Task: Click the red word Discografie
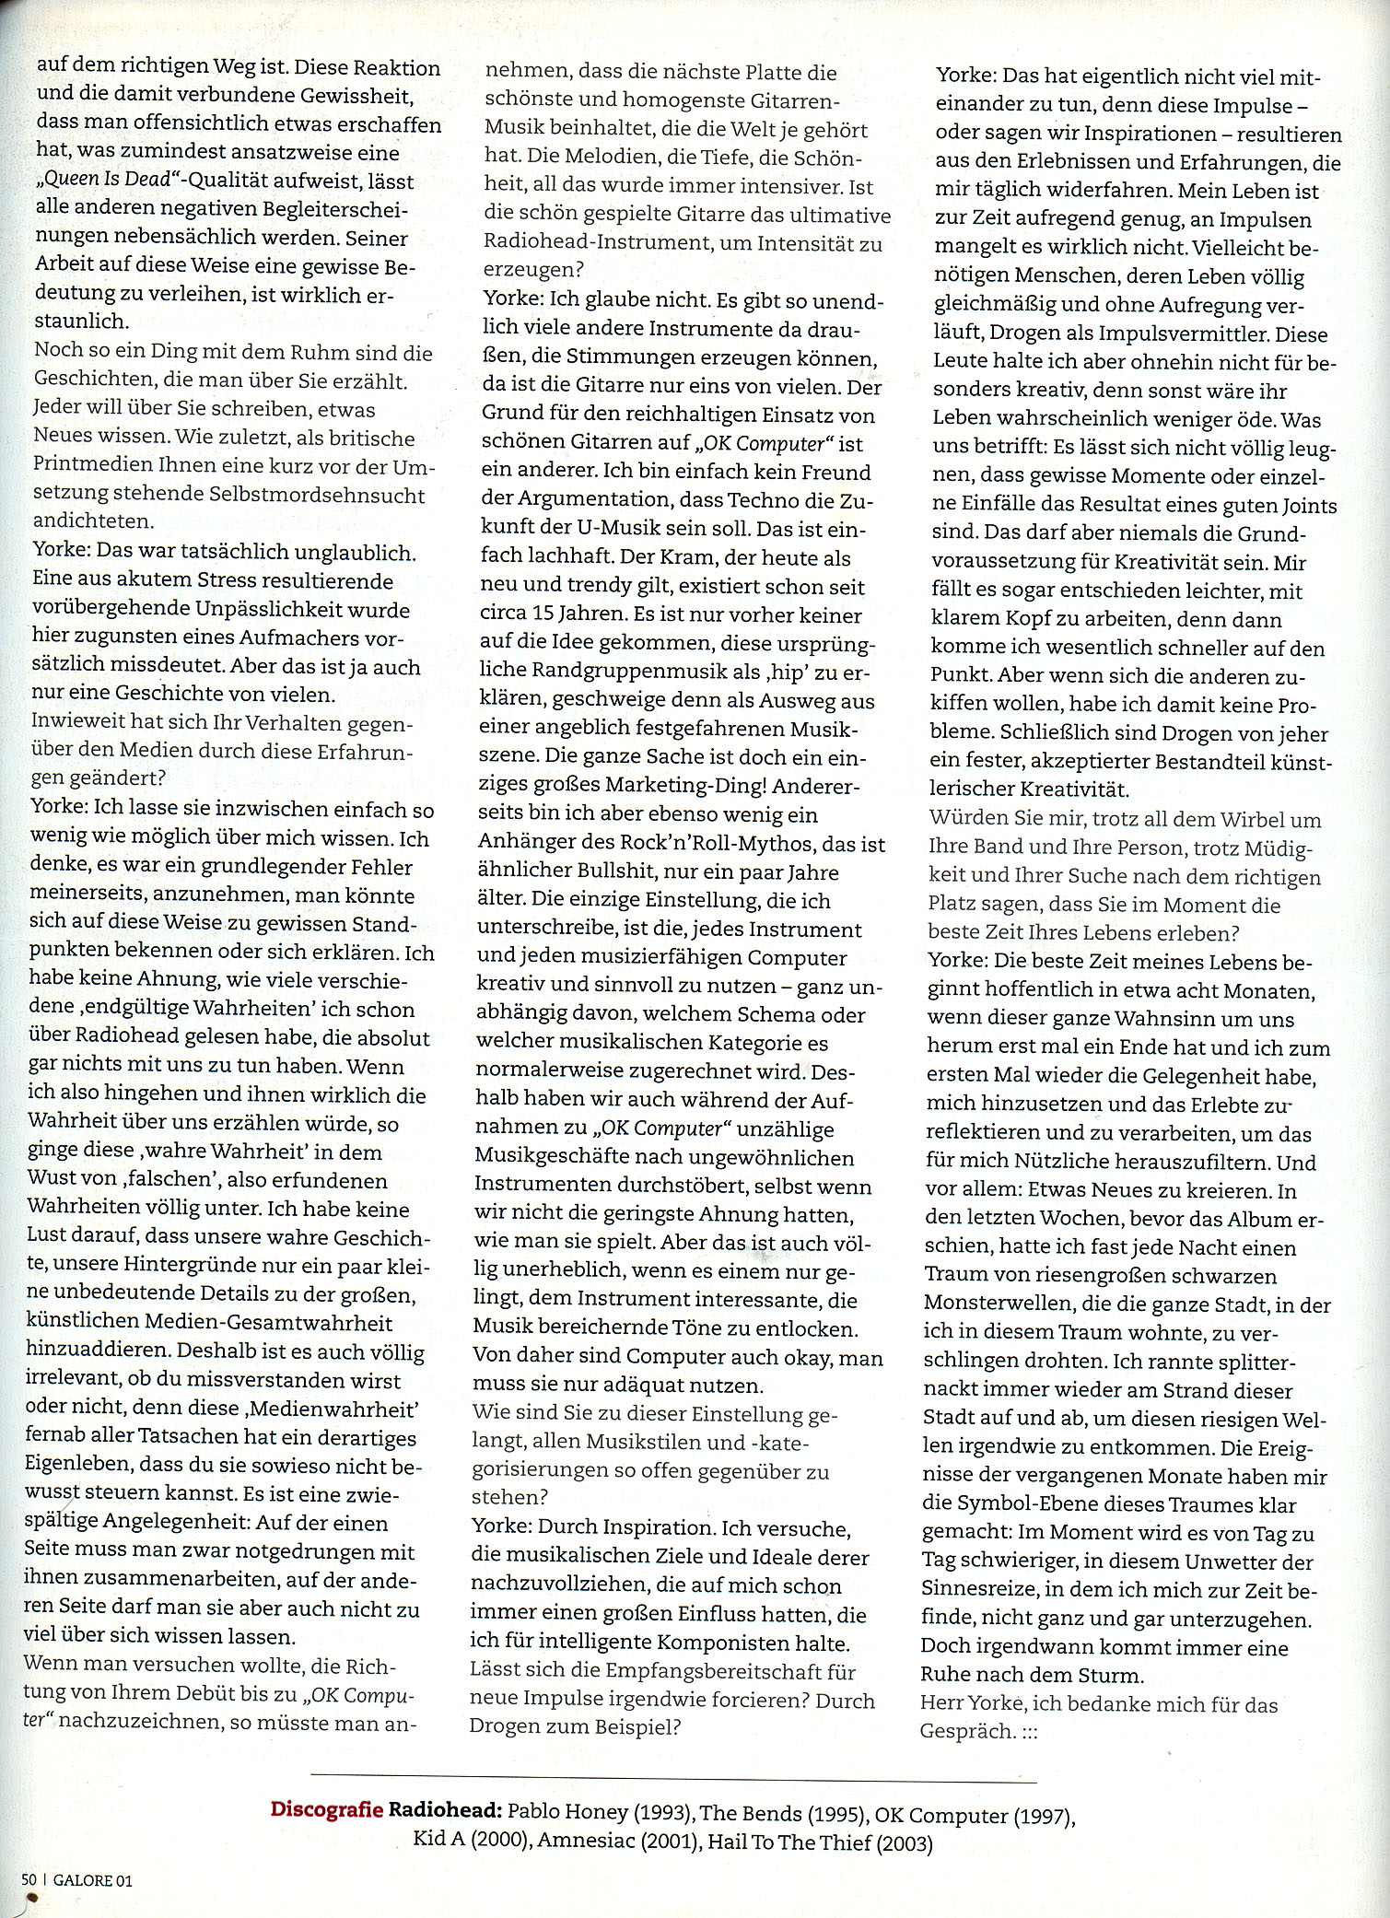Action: (x=326, y=1808)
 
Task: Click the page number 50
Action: (x=29, y=1878)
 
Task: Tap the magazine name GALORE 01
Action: (x=93, y=1879)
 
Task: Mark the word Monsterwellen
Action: (x=999, y=1304)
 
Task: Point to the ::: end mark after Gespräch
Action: (x=1029, y=1732)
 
